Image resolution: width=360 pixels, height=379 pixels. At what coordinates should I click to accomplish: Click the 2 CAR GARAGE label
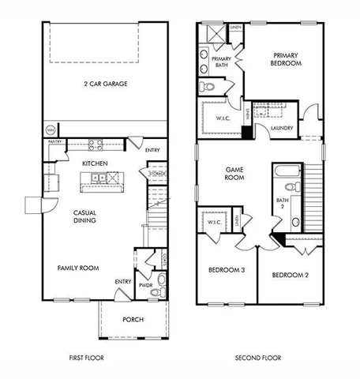point(106,83)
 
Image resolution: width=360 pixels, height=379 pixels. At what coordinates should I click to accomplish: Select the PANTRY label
point(54,142)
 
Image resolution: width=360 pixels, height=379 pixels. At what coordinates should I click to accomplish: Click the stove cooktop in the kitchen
point(96,145)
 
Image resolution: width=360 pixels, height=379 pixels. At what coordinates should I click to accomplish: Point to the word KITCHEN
point(95,163)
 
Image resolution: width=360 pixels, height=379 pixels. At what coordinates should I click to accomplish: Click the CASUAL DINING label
point(85,216)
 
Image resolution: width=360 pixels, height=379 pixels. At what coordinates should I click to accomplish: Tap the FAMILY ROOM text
point(77,268)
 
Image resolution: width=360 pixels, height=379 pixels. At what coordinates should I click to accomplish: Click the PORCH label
point(133,320)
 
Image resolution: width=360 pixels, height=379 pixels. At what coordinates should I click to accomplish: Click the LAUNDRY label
point(282,127)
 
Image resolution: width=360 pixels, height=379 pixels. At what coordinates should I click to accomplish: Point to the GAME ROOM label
point(234,173)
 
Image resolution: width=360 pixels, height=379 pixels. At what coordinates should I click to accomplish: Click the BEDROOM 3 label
point(226,270)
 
